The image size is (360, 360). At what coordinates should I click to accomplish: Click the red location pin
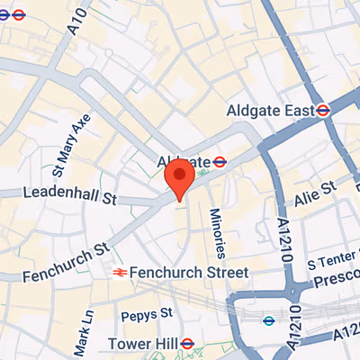[181, 178]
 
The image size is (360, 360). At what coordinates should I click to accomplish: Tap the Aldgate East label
[269, 110]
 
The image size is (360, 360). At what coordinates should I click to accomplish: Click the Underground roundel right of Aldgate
[218, 161]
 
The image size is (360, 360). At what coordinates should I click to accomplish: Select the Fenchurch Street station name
[188, 272]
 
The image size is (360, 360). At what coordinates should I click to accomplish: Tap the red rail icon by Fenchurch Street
[117, 272]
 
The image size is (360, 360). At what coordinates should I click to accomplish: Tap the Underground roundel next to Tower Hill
[187, 343]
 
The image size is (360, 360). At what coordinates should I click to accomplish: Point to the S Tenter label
[332, 264]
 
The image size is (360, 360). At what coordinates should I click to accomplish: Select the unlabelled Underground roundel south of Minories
[267, 320]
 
